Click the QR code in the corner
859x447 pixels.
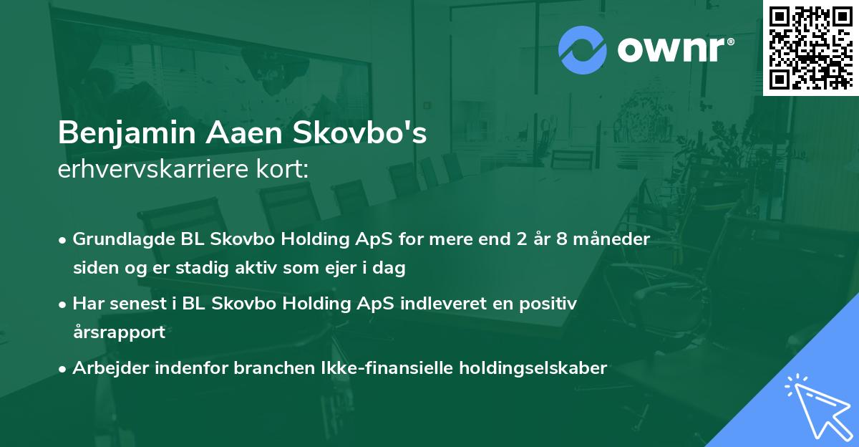click(811, 47)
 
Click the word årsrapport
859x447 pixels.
click(119, 332)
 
